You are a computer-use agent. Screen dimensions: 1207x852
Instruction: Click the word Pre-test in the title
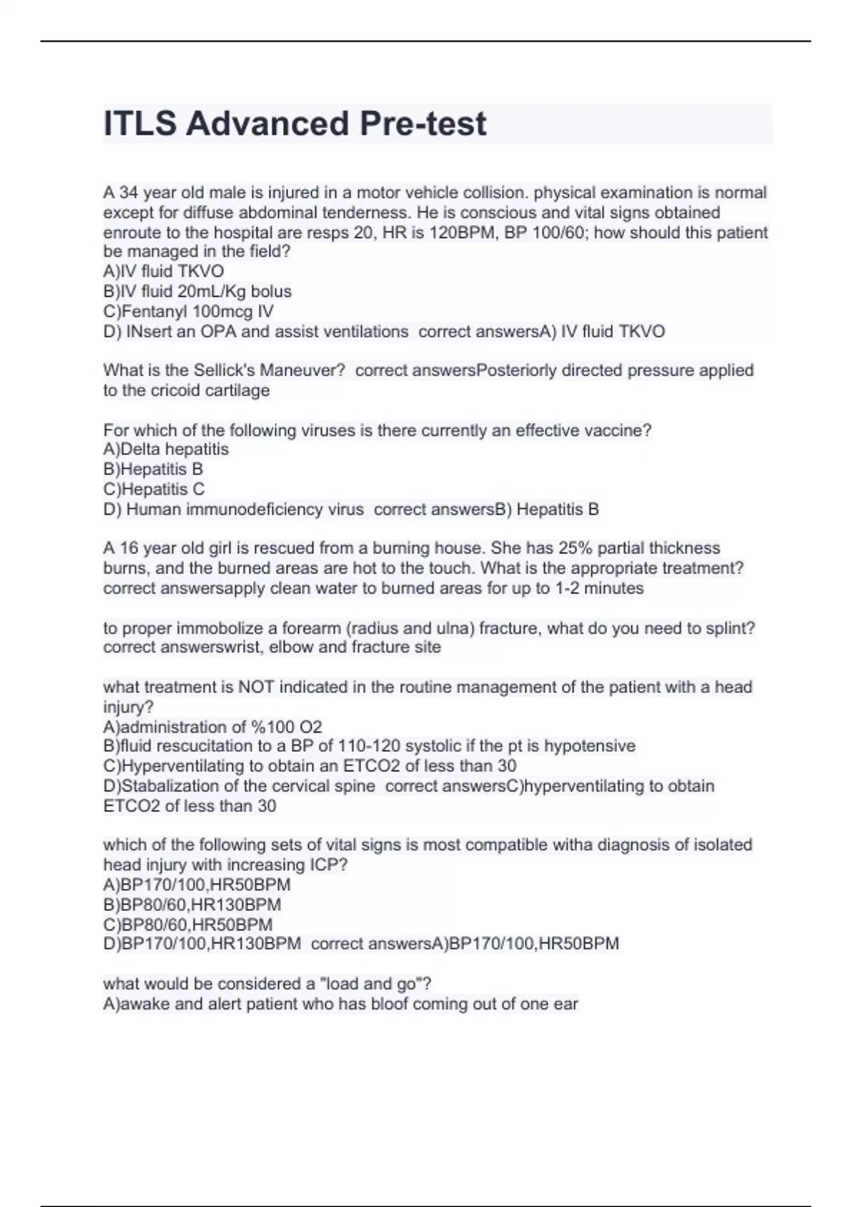tap(422, 124)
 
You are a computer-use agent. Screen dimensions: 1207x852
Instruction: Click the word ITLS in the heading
tap(140, 124)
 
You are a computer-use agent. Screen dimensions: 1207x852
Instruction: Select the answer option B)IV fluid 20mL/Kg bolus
tap(197, 292)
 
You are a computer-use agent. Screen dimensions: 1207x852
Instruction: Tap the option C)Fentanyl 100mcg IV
tap(188, 312)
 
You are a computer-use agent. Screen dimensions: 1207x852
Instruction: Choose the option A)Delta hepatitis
tap(166, 449)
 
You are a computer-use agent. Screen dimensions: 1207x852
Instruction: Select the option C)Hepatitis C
tap(154, 489)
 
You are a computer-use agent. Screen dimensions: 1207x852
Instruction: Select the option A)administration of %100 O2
tap(212, 727)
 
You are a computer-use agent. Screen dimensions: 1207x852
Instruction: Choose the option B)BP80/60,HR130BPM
tap(192, 905)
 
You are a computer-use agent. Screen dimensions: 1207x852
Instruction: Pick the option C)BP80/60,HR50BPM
tap(187, 925)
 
